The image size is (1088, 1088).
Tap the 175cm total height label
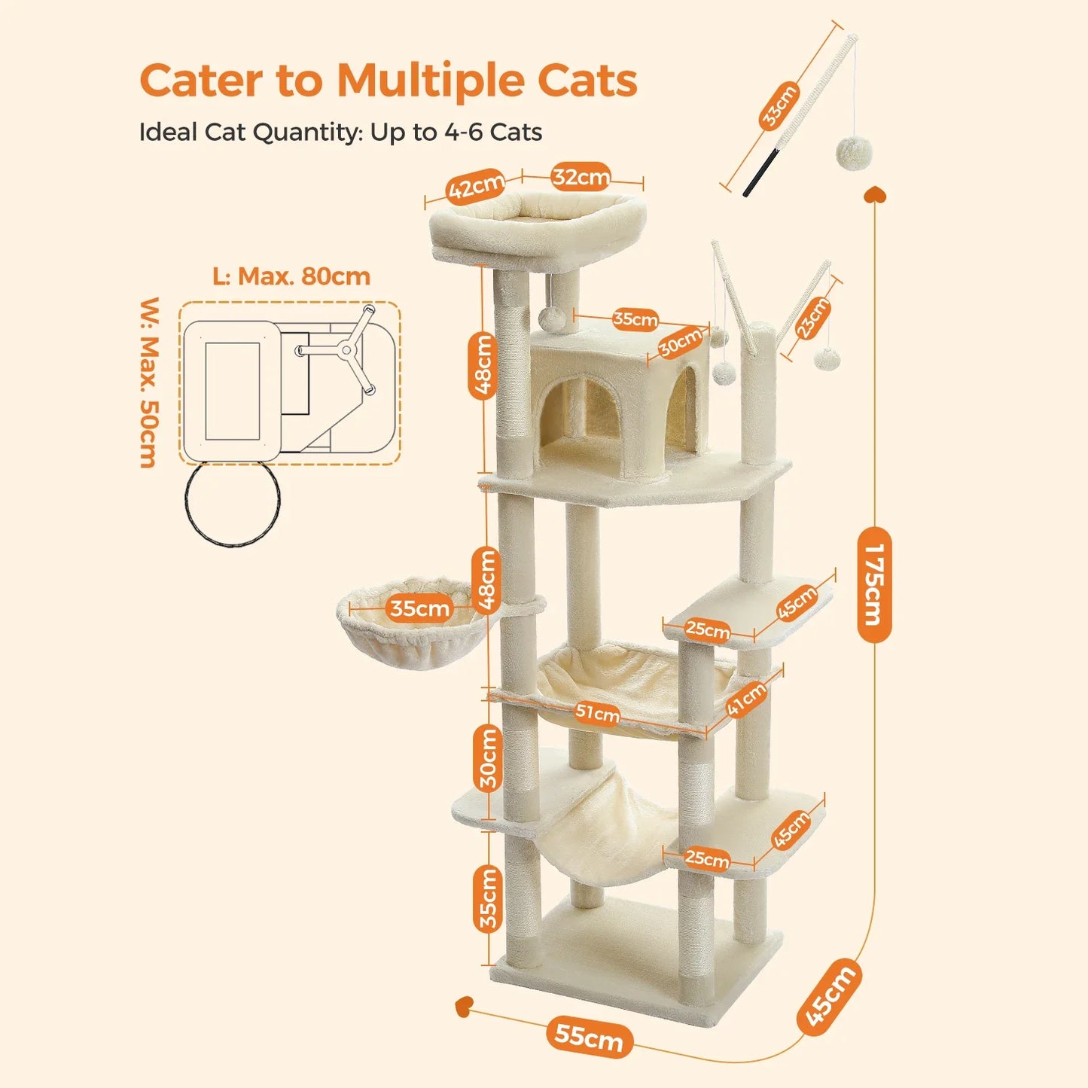[x=874, y=585]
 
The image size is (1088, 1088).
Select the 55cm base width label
[x=589, y=1037]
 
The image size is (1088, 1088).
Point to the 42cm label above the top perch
[x=476, y=187]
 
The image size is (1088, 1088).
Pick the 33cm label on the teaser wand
[x=779, y=106]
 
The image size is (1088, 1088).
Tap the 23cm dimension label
[x=813, y=318]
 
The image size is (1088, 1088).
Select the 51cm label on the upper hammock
[x=598, y=712]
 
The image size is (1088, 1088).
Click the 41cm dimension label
[x=746, y=699]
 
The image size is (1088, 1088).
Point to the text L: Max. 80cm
[x=291, y=276]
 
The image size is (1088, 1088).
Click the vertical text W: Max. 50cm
[x=150, y=382]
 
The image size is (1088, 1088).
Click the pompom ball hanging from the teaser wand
[x=854, y=153]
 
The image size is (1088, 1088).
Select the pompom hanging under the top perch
[x=552, y=318]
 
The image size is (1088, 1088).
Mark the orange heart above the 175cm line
[x=875, y=195]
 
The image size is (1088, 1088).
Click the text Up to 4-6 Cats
[x=456, y=133]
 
